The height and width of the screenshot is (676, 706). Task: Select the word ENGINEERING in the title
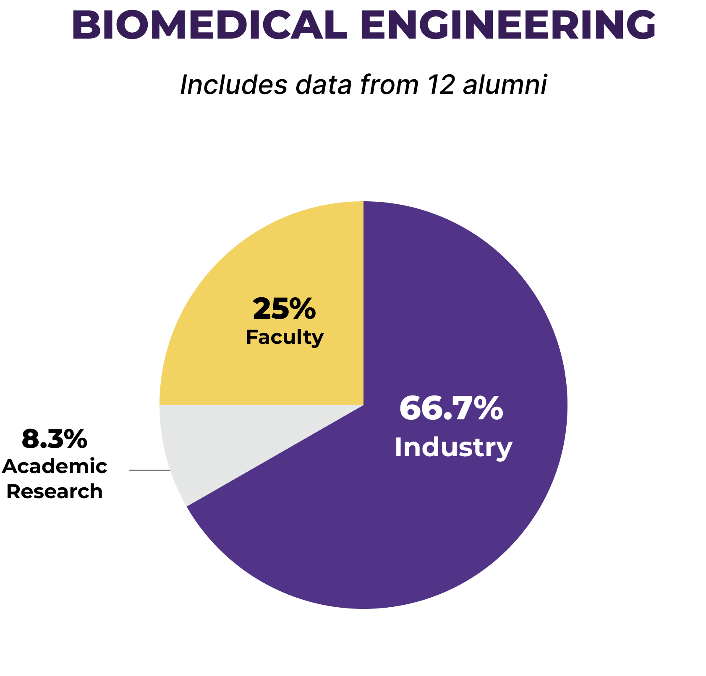508,25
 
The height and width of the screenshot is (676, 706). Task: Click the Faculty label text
285,337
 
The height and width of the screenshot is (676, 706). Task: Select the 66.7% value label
451,408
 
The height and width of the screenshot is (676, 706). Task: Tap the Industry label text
453,447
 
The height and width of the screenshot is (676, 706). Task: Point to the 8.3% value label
54,439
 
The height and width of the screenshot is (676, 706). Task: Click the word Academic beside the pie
55,466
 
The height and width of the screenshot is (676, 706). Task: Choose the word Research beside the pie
55,491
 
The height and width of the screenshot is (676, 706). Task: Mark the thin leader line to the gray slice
149,470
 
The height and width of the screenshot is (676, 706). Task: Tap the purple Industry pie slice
420,524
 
